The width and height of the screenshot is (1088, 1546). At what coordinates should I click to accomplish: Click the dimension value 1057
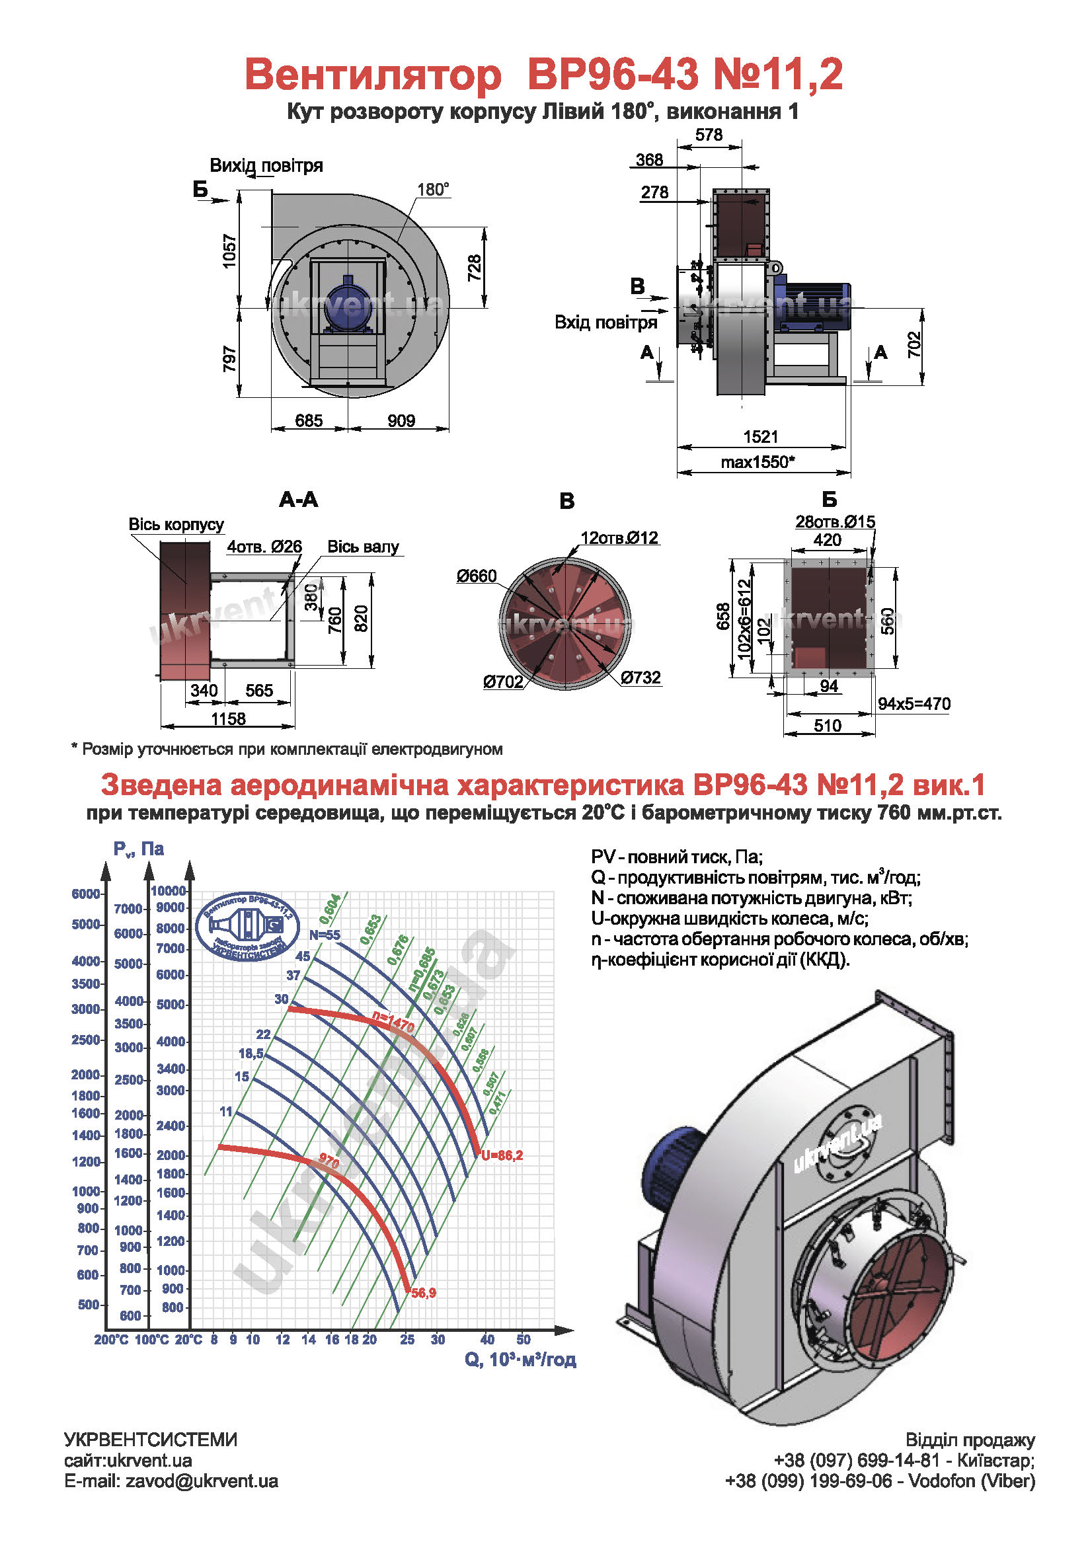tap(229, 252)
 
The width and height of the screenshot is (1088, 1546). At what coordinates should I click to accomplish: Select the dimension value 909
tap(401, 421)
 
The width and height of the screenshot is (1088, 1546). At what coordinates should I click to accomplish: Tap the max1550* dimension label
tap(758, 462)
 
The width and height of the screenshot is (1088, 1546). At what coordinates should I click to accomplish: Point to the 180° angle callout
tap(433, 190)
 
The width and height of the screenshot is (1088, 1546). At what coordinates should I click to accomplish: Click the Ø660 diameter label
tap(476, 576)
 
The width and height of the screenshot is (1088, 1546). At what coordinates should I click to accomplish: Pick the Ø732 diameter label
tap(641, 677)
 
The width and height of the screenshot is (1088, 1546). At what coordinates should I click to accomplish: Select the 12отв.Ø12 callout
tap(619, 538)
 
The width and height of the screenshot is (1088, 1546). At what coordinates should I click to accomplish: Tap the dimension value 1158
tap(228, 718)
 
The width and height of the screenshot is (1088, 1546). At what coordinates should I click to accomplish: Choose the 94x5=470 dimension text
tap(913, 705)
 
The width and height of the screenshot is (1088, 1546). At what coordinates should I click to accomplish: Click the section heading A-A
tap(298, 500)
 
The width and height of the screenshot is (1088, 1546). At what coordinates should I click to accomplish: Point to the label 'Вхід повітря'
tap(605, 323)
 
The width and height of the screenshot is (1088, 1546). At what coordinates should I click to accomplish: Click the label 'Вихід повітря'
tap(266, 166)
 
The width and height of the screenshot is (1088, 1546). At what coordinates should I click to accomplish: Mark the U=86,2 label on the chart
tap(502, 1155)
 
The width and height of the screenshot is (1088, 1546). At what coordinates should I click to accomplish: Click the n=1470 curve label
tap(394, 1022)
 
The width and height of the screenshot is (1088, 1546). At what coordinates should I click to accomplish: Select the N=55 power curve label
tap(325, 935)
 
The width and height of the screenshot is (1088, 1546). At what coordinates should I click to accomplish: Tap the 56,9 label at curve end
tap(424, 1293)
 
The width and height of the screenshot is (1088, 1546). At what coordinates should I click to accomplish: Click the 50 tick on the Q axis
tap(523, 1339)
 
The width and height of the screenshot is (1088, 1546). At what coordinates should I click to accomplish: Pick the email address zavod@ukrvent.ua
tap(202, 1481)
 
